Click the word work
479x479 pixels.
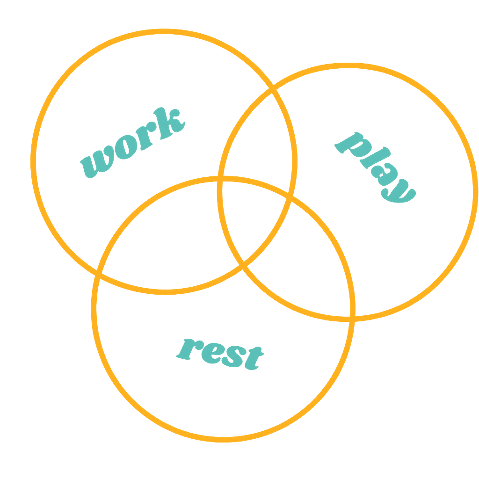[x=133, y=143]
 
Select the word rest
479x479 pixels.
[x=220, y=353]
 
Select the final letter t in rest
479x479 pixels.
[x=253, y=358]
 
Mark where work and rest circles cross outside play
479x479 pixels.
[x=98, y=272]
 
